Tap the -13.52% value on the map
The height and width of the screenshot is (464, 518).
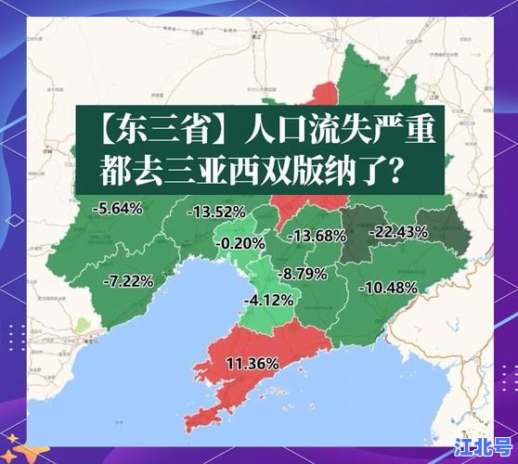(215, 212)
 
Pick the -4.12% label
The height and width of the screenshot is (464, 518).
(268, 300)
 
